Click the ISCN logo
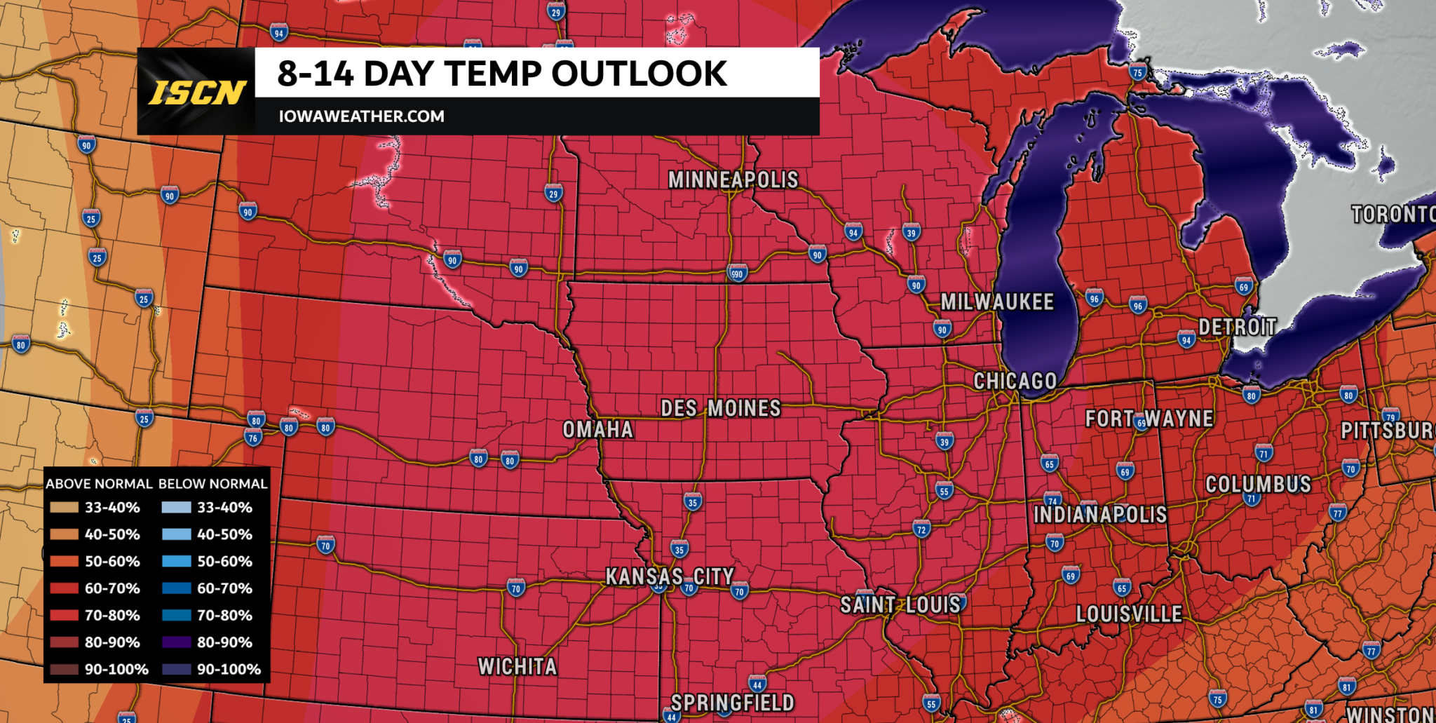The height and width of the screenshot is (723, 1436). [x=197, y=92]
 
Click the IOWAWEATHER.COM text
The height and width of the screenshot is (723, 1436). [x=361, y=116]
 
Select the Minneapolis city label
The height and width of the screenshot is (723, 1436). [x=733, y=180]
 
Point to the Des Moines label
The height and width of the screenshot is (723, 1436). [x=720, y=408]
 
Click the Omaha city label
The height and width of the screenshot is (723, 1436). [x=597, y=429]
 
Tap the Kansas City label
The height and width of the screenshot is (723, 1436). [x=669, y=576]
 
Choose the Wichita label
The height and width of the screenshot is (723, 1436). [x=517, y=666]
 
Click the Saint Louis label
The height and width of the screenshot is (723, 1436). [x=900, y=604]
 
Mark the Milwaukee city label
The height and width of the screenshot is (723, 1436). [x=996, y=302]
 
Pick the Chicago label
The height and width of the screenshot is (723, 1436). [x=1015, y=381]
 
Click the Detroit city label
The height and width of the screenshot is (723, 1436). [x=1237, y=327]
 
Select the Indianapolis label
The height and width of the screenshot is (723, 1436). [x=1099, y=515]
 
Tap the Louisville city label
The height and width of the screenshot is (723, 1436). [x=1129, y=614]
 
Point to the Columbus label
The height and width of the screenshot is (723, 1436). [x=1258, y=484]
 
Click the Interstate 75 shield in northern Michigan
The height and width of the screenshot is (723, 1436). [x=1137, y=72]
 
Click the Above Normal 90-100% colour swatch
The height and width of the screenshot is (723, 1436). [x=64, y=669]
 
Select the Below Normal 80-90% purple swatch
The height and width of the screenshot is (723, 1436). [x=176, y=642]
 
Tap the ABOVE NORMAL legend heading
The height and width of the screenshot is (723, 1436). [x=99, y=484]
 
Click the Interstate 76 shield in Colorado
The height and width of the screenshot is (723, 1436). [x=253, y=438]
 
